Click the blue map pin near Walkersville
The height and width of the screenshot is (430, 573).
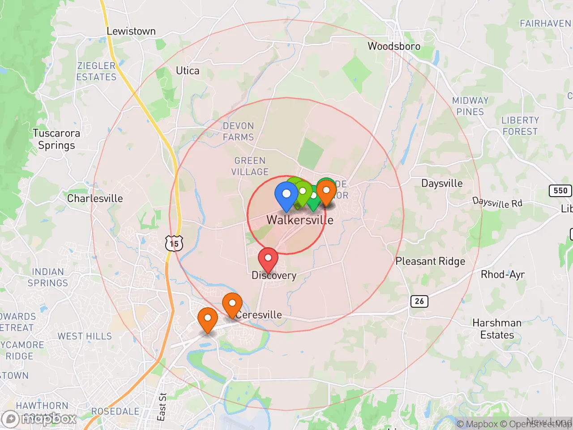click(286, 195)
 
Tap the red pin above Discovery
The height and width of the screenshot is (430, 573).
click(268, 258)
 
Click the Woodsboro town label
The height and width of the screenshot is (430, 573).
click(394, 46)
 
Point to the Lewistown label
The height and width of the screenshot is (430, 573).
click(131, 31)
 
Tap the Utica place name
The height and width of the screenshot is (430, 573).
click(188, 71)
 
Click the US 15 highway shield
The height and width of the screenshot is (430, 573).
click(174, 244)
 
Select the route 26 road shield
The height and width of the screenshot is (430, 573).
click(419, 301)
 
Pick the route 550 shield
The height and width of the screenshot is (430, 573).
click(560, 191)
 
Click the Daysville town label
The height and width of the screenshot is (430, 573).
click(442, 183)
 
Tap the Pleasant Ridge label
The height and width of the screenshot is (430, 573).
click(430, 261)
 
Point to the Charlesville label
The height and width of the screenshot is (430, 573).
click(95, 198)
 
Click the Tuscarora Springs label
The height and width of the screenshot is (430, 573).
click(56, 139)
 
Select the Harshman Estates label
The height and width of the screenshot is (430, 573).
click(497, 329)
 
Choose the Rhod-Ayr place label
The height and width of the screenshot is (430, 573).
click(502, 275)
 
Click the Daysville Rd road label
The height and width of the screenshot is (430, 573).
click(497, 202)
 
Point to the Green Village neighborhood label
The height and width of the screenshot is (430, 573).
click(250, 166)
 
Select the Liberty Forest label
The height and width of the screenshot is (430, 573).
click(520, 126)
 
